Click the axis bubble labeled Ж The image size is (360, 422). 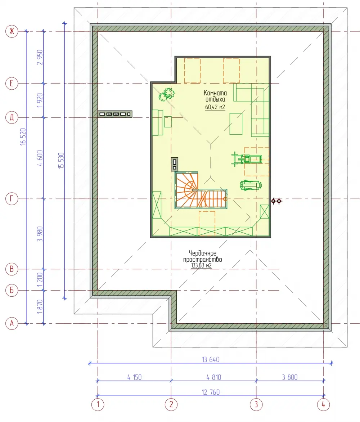point(12,31)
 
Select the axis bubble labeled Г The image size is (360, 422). point(12,199)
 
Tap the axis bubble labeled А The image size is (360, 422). point(12,323)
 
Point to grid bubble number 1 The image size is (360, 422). point(98,404)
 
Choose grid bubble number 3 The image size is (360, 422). point(256,404)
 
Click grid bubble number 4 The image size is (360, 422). point(323,404)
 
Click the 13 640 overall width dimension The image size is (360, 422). point(211,360)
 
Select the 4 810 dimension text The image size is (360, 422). point(214,377)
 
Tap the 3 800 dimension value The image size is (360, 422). point(290,377)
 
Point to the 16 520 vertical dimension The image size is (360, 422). point(23,137)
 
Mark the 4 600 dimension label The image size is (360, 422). point(40,158)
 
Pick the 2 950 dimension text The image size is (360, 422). point(40,57)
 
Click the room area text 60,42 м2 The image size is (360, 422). point(215,107)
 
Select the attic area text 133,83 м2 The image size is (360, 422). point(201,265)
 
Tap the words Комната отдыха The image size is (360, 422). point(215,96)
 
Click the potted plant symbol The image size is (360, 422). point(167,94)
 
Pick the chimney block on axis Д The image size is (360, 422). point(115,114)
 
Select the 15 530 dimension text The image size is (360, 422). point(61,161)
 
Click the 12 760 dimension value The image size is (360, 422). point(211,392)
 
